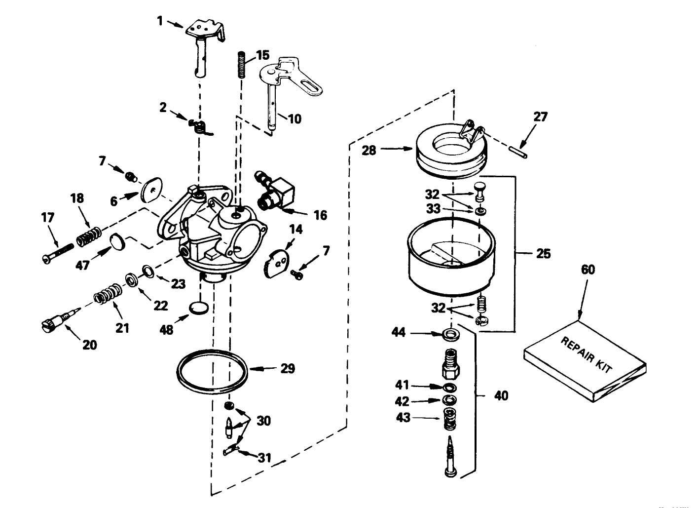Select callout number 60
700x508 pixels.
coord(588,270)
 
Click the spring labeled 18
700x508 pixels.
coord(89,235)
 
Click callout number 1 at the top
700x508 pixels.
coord(160,21)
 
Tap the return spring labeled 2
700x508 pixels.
coord(200,127)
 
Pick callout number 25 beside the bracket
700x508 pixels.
coord(543,254)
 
